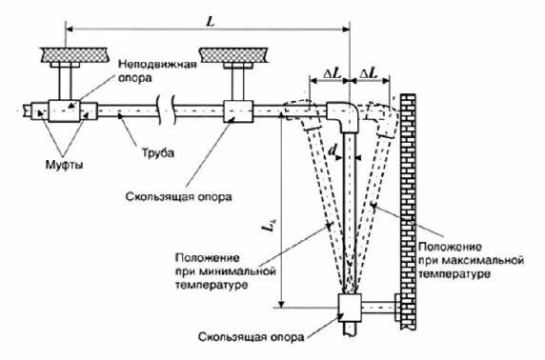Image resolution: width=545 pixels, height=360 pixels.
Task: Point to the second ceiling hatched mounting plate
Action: pos(236,51)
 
